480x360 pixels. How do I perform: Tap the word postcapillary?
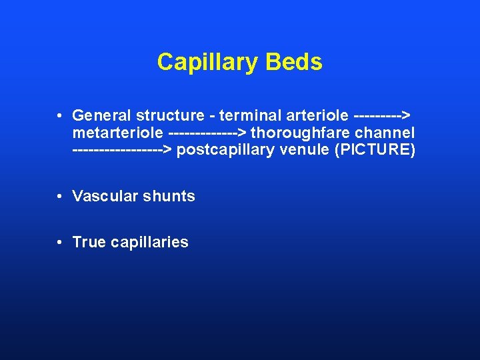tap(227, 150)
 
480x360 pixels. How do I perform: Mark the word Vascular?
tap(101, 196)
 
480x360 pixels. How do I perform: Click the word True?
tap(89, 242)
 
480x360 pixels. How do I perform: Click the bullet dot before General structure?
tap(60, 115)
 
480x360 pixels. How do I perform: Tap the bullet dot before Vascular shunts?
tap(60, 196)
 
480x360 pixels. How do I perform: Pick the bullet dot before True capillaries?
tap(60, 242)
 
